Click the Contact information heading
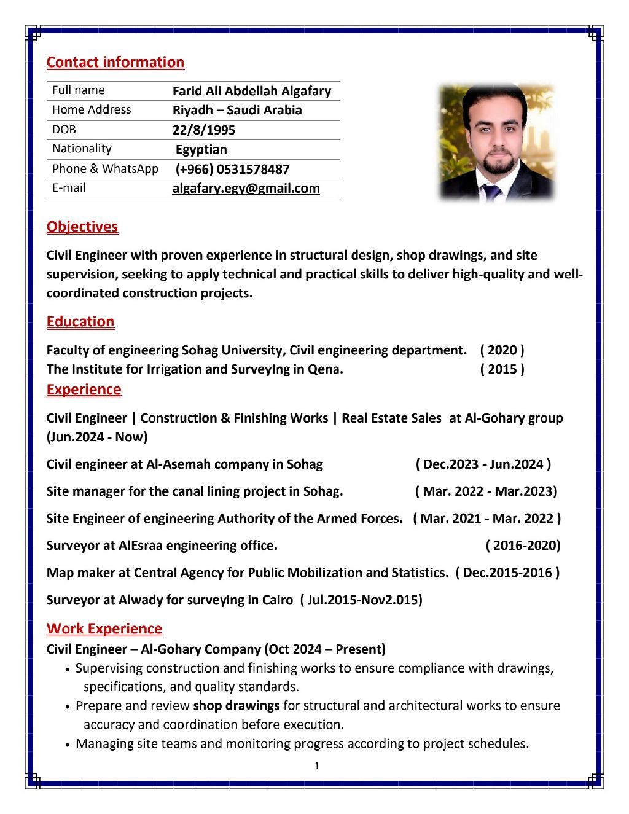point(115,62)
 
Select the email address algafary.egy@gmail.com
point(246,189)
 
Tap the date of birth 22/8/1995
point(203,130)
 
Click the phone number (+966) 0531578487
point(232,169)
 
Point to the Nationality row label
point(82,149)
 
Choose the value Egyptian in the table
point(201,149)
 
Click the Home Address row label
point(92,110)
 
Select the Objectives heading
point(82,227)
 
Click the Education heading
point(80,322)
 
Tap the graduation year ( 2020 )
point(502,350)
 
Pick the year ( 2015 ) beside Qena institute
point(502,369)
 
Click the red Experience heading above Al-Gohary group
point(84,389)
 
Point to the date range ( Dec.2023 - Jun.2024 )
point(483,464)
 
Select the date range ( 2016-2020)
point(523,546)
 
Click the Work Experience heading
point(104,628)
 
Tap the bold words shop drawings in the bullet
point(236,706)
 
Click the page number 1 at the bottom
point(316,765)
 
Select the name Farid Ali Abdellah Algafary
point(251,92)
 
